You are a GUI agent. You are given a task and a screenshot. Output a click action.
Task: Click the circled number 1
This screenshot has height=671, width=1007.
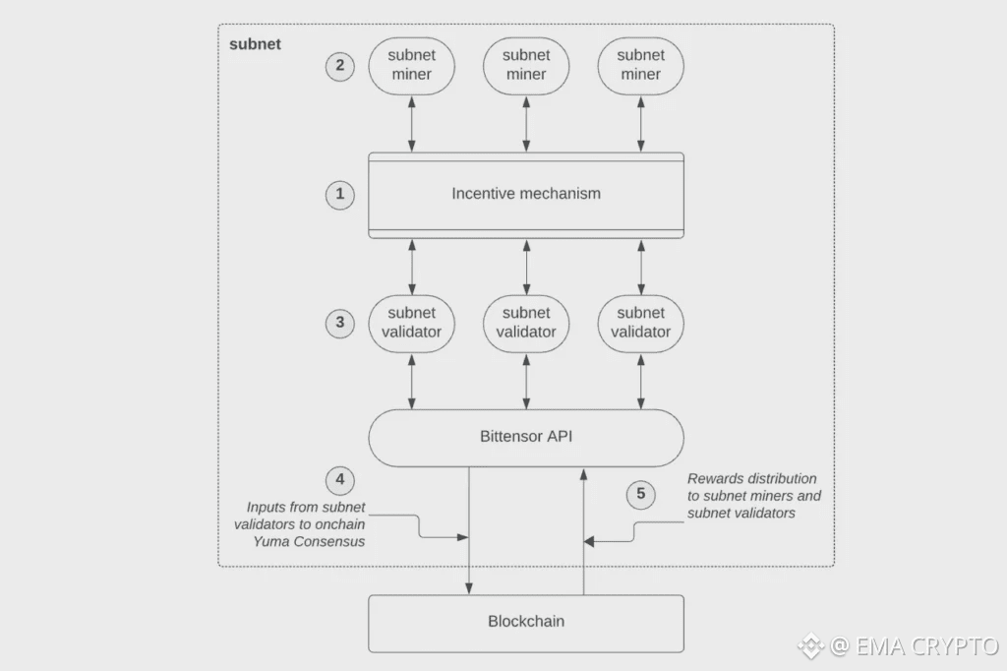coord(339,194)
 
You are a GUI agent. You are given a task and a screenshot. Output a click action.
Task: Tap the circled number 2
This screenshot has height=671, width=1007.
coord(339,66)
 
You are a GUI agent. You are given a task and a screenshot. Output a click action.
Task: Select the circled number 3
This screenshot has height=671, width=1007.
coord(339,324)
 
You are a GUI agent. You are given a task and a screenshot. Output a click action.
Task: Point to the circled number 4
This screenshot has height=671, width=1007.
coord(339,480)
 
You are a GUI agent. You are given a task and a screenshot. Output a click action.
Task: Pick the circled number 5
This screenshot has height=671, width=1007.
coord(640,494)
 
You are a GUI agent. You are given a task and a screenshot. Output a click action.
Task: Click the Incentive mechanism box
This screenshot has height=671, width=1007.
coord(526,196)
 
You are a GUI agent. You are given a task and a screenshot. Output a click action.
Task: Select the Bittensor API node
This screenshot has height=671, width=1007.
coord(526,438)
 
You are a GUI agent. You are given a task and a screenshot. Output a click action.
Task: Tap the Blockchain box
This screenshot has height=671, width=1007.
coord(526,624)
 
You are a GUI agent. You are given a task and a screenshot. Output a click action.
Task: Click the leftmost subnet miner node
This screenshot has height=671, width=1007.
coord(412,66)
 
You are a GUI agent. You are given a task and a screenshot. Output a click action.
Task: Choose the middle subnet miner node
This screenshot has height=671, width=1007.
coord(526,66)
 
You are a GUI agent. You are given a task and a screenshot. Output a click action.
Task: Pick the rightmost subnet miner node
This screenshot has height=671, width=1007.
coord(641,66)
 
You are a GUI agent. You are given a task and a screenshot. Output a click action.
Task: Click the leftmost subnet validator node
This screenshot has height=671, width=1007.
coord(412,324)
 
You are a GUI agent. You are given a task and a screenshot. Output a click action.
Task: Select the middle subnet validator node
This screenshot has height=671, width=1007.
coord(526,324)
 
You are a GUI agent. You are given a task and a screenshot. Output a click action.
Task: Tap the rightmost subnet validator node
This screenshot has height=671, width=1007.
coord(641,324)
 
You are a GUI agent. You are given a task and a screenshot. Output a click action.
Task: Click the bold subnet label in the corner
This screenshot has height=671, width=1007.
coord(255,44)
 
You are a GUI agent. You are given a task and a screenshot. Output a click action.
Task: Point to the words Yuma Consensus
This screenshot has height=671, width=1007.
coord(309,542)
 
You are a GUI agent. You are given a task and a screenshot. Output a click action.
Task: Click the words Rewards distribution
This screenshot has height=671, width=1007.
coord(752,479)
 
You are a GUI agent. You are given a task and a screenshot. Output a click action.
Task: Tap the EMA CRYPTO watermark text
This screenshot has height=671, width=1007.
coord(927,645)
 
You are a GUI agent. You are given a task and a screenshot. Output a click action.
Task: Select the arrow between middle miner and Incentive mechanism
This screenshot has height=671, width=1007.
coord(527,124)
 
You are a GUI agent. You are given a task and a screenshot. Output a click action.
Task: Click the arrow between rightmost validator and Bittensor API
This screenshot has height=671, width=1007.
coord(641,382)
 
